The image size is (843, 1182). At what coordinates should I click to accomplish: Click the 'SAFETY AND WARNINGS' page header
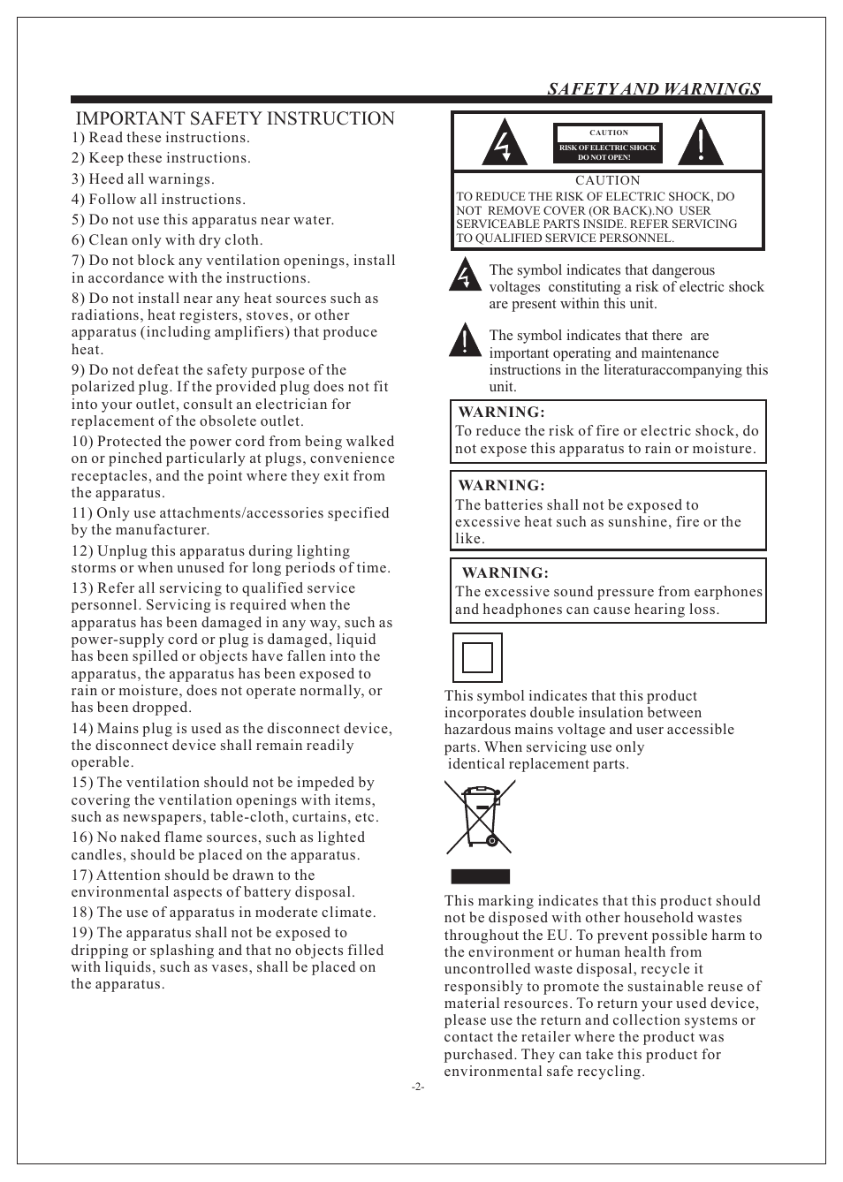653,88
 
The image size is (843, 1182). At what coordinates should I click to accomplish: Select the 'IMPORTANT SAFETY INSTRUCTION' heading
235,118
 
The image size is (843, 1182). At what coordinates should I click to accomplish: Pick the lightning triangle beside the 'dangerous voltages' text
464,275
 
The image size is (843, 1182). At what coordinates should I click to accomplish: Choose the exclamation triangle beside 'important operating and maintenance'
464,340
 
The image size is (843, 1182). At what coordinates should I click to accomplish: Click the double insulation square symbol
477,657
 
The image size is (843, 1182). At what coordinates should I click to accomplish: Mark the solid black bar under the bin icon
481,876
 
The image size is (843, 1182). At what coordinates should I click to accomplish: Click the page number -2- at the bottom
418,1087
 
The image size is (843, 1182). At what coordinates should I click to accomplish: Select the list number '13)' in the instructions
82,588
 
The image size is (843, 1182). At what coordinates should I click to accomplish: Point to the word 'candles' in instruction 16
97,855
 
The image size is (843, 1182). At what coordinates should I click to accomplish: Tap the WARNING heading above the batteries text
501,486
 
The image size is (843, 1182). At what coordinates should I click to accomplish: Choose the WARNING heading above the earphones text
505,573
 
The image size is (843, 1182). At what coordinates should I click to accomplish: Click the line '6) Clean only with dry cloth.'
167,240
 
